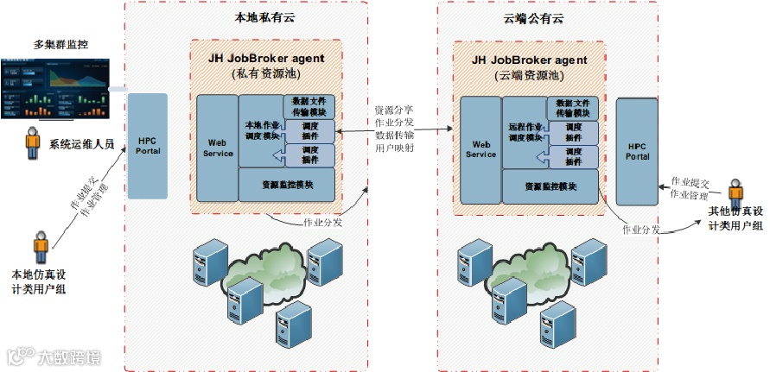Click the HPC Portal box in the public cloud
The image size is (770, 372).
point(637,150)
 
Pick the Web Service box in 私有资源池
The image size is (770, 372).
point(217,147)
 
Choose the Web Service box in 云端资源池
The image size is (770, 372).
point(480,148)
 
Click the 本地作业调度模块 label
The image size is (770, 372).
point(261,130)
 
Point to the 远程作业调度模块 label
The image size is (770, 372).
point(525,132)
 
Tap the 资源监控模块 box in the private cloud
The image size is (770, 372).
point(286,184)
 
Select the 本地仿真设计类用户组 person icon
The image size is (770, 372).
point(41,246)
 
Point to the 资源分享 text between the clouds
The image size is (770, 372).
point(393,110)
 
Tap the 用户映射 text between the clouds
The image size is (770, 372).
point(393,148)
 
